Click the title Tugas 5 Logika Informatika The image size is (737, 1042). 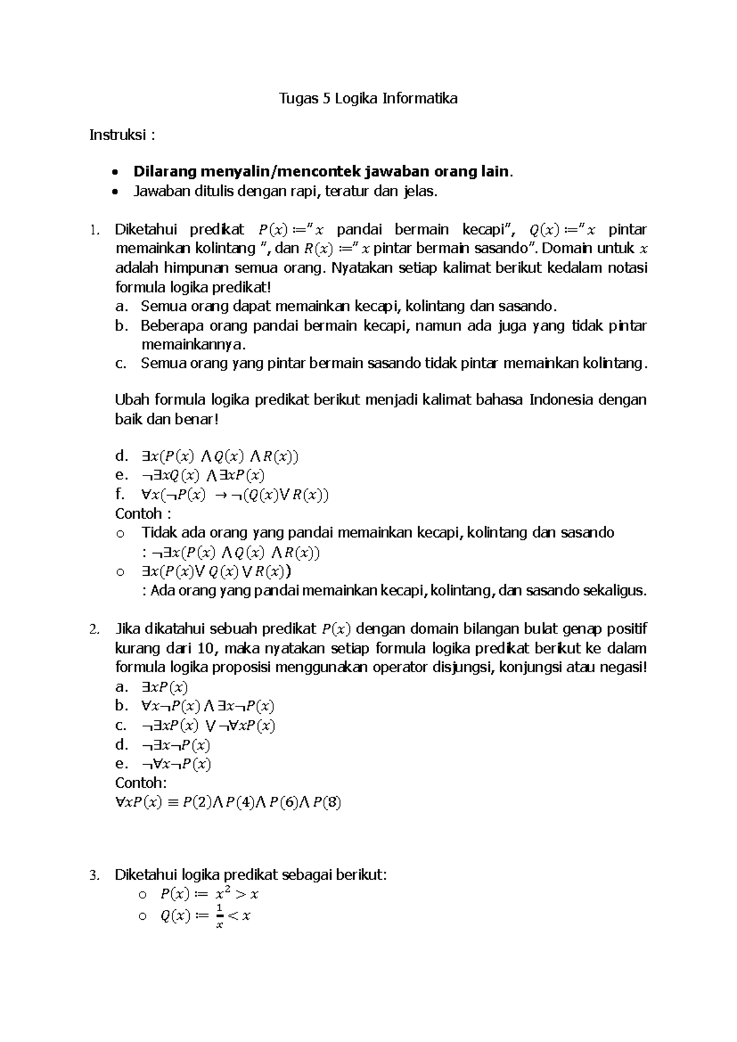click(368, 98)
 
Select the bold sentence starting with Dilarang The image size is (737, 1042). click(322, 172)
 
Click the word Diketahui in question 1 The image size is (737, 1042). click(146, 230)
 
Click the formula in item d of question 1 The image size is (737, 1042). click(219, 456)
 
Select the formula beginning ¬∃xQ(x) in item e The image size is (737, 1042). click(203, 476)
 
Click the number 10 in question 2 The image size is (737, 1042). click(209, 649)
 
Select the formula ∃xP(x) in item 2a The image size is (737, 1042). click(165, 687)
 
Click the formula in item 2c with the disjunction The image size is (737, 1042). click(208, 726)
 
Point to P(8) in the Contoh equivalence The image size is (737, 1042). click(327, 803)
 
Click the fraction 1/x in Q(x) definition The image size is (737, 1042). click(219, 916)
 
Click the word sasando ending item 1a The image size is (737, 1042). click(529, 306)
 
